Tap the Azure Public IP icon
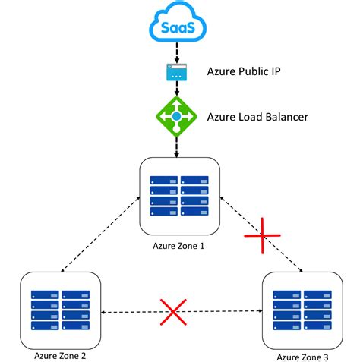177,73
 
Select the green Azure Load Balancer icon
177,117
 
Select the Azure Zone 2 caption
62,354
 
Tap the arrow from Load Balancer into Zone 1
177,146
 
